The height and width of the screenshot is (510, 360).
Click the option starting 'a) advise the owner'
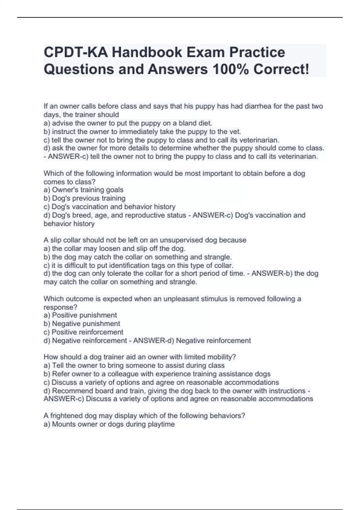[x=128, y=123]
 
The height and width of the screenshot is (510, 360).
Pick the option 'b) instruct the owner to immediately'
[x=142, y=131]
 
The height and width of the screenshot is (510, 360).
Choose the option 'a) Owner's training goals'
[x=83, y=190]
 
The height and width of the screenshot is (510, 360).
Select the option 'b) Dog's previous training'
[x=85, y=198]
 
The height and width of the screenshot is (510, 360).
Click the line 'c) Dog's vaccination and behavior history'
[x=109, y=206]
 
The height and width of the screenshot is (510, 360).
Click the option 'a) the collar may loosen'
[x=115, y=248]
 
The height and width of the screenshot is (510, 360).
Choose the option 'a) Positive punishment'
[x=80, y=315]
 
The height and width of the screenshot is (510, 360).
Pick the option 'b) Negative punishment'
[x=82, y=323]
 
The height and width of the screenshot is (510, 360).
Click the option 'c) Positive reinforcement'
[x=83, y=332]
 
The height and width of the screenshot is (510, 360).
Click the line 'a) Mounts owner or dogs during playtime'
[x=109, y=424]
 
